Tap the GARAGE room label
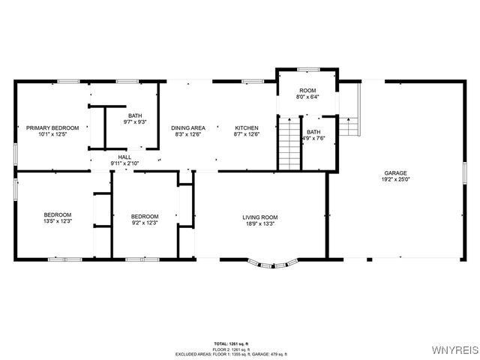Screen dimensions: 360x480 396,172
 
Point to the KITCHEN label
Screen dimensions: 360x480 246,127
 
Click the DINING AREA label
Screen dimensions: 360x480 188,127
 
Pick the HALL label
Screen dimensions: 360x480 124,157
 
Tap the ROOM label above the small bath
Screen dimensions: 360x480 308,90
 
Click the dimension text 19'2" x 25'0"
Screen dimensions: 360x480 396,178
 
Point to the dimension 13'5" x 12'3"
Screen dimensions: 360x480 57,222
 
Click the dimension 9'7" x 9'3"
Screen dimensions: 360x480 135,121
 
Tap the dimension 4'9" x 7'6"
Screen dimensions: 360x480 313,138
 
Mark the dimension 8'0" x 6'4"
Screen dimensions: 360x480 308,97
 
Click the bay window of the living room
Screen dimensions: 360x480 273,263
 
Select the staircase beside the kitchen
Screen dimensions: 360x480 289,142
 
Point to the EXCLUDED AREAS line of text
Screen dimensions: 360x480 230,353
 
